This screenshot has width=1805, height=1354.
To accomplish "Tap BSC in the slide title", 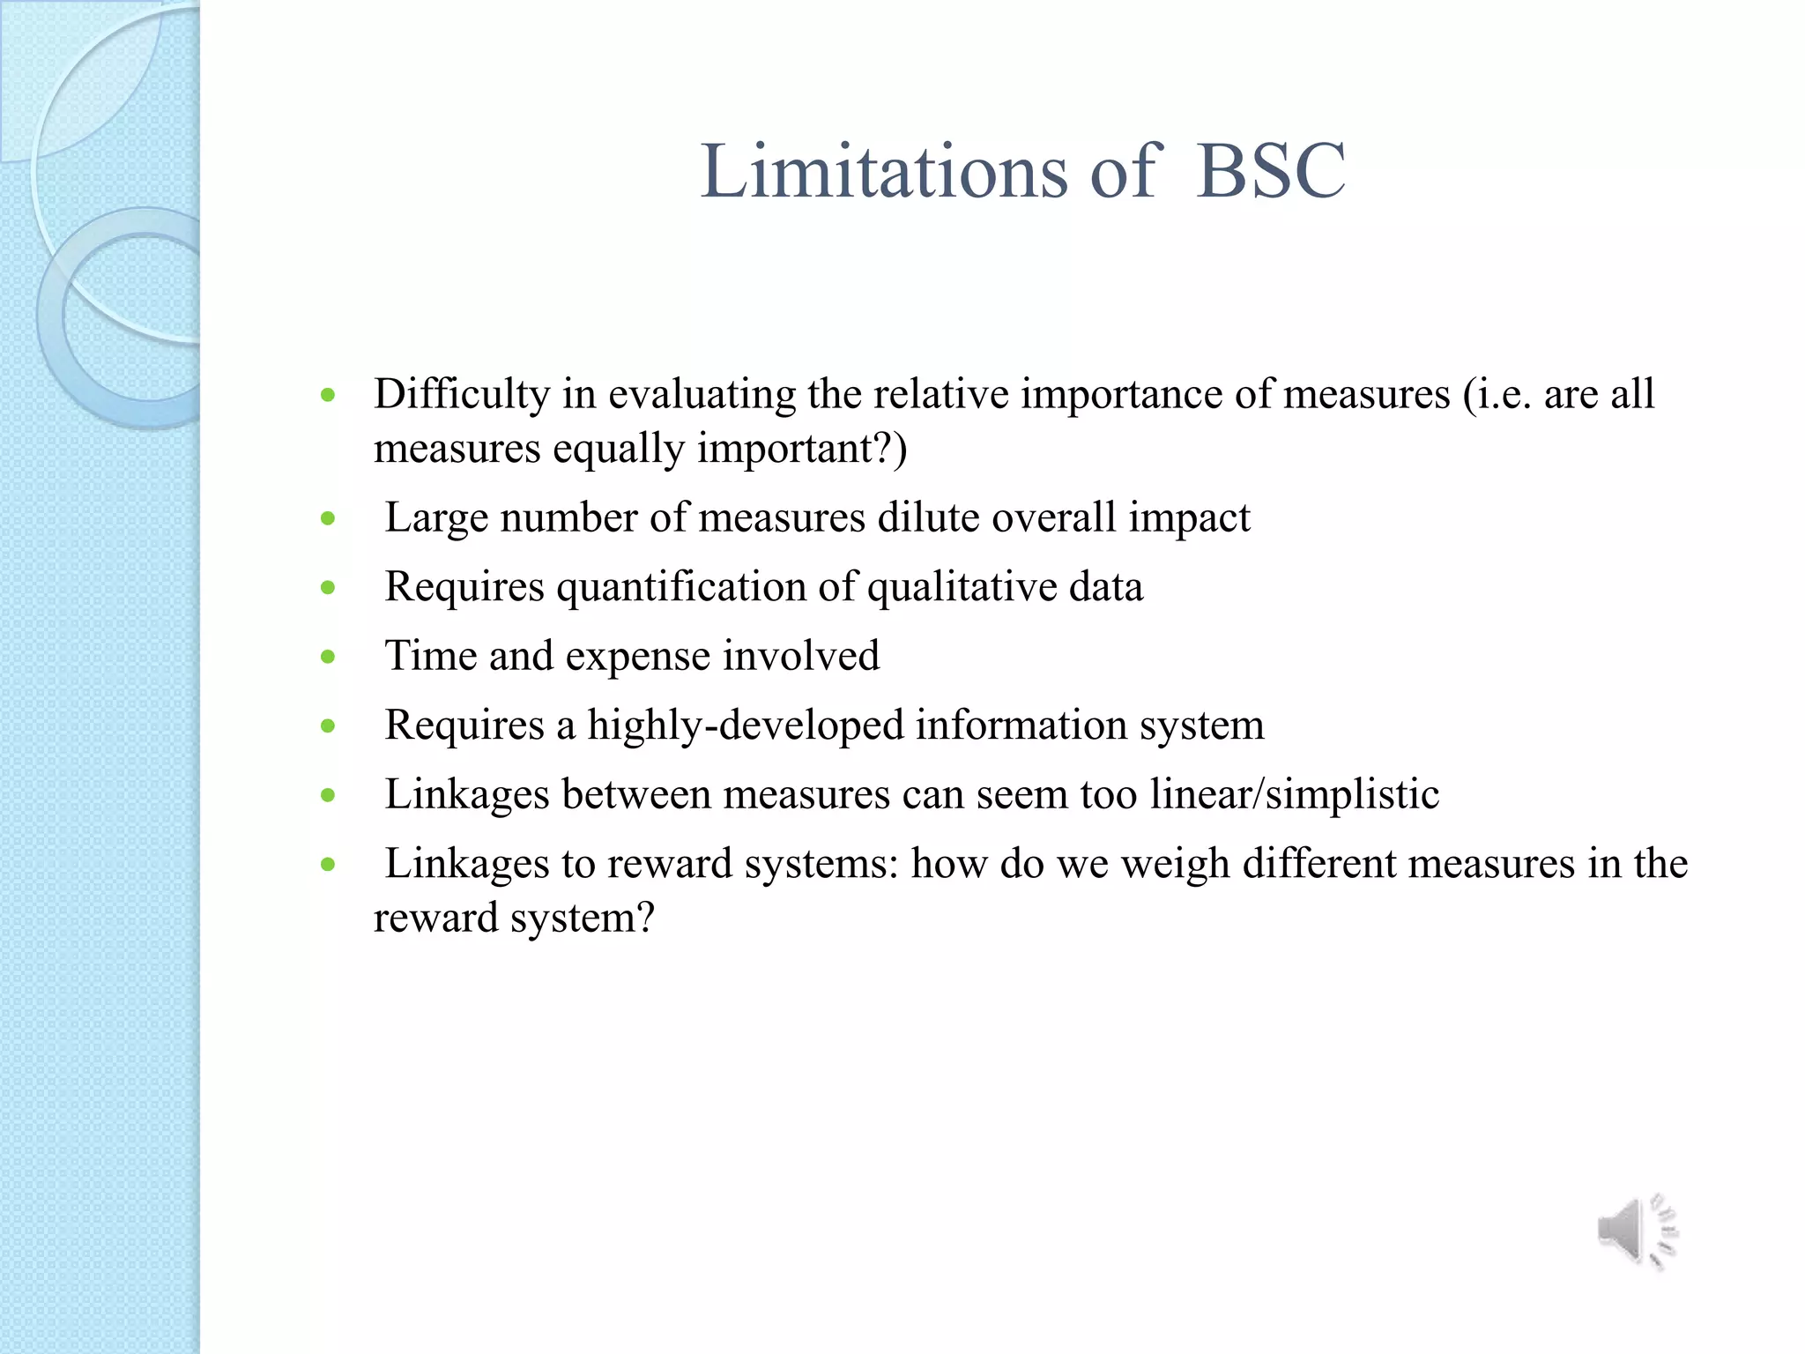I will click(1270, 171).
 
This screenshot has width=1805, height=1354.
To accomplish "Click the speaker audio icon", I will click(1637, 1231).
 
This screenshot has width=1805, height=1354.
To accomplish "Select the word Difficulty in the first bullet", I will click(462, 394).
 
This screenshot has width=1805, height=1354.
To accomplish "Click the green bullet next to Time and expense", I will click(329, 657).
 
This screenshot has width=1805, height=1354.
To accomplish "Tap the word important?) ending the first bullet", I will click(802, 449).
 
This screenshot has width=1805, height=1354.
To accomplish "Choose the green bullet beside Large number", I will click(329, 518).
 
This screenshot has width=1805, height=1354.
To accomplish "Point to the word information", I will click(1021, 725).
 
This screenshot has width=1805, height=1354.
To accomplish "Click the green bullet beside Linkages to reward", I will click(329, 865).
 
